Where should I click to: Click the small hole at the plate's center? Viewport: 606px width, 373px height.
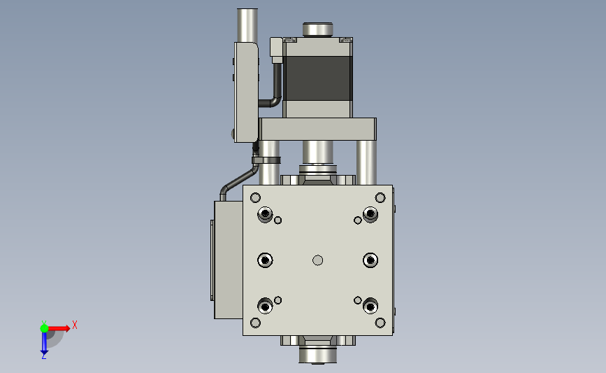coord(318,260)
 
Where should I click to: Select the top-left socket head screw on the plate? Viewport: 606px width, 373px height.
coord(265,214)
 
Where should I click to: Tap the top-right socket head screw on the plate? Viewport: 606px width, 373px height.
coord(370,214)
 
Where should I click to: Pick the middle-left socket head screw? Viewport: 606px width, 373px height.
coord(265,260)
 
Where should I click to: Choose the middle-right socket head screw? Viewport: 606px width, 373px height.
coord(370,260)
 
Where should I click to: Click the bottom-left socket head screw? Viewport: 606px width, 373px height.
coord(265,306)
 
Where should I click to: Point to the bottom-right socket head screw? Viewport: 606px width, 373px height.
coord(370,306)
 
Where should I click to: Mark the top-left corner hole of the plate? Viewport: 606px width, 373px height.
coord(255,198)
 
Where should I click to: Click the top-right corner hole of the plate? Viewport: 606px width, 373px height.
coord(380,198)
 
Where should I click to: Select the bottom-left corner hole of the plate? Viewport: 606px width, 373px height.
coord(255,323)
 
